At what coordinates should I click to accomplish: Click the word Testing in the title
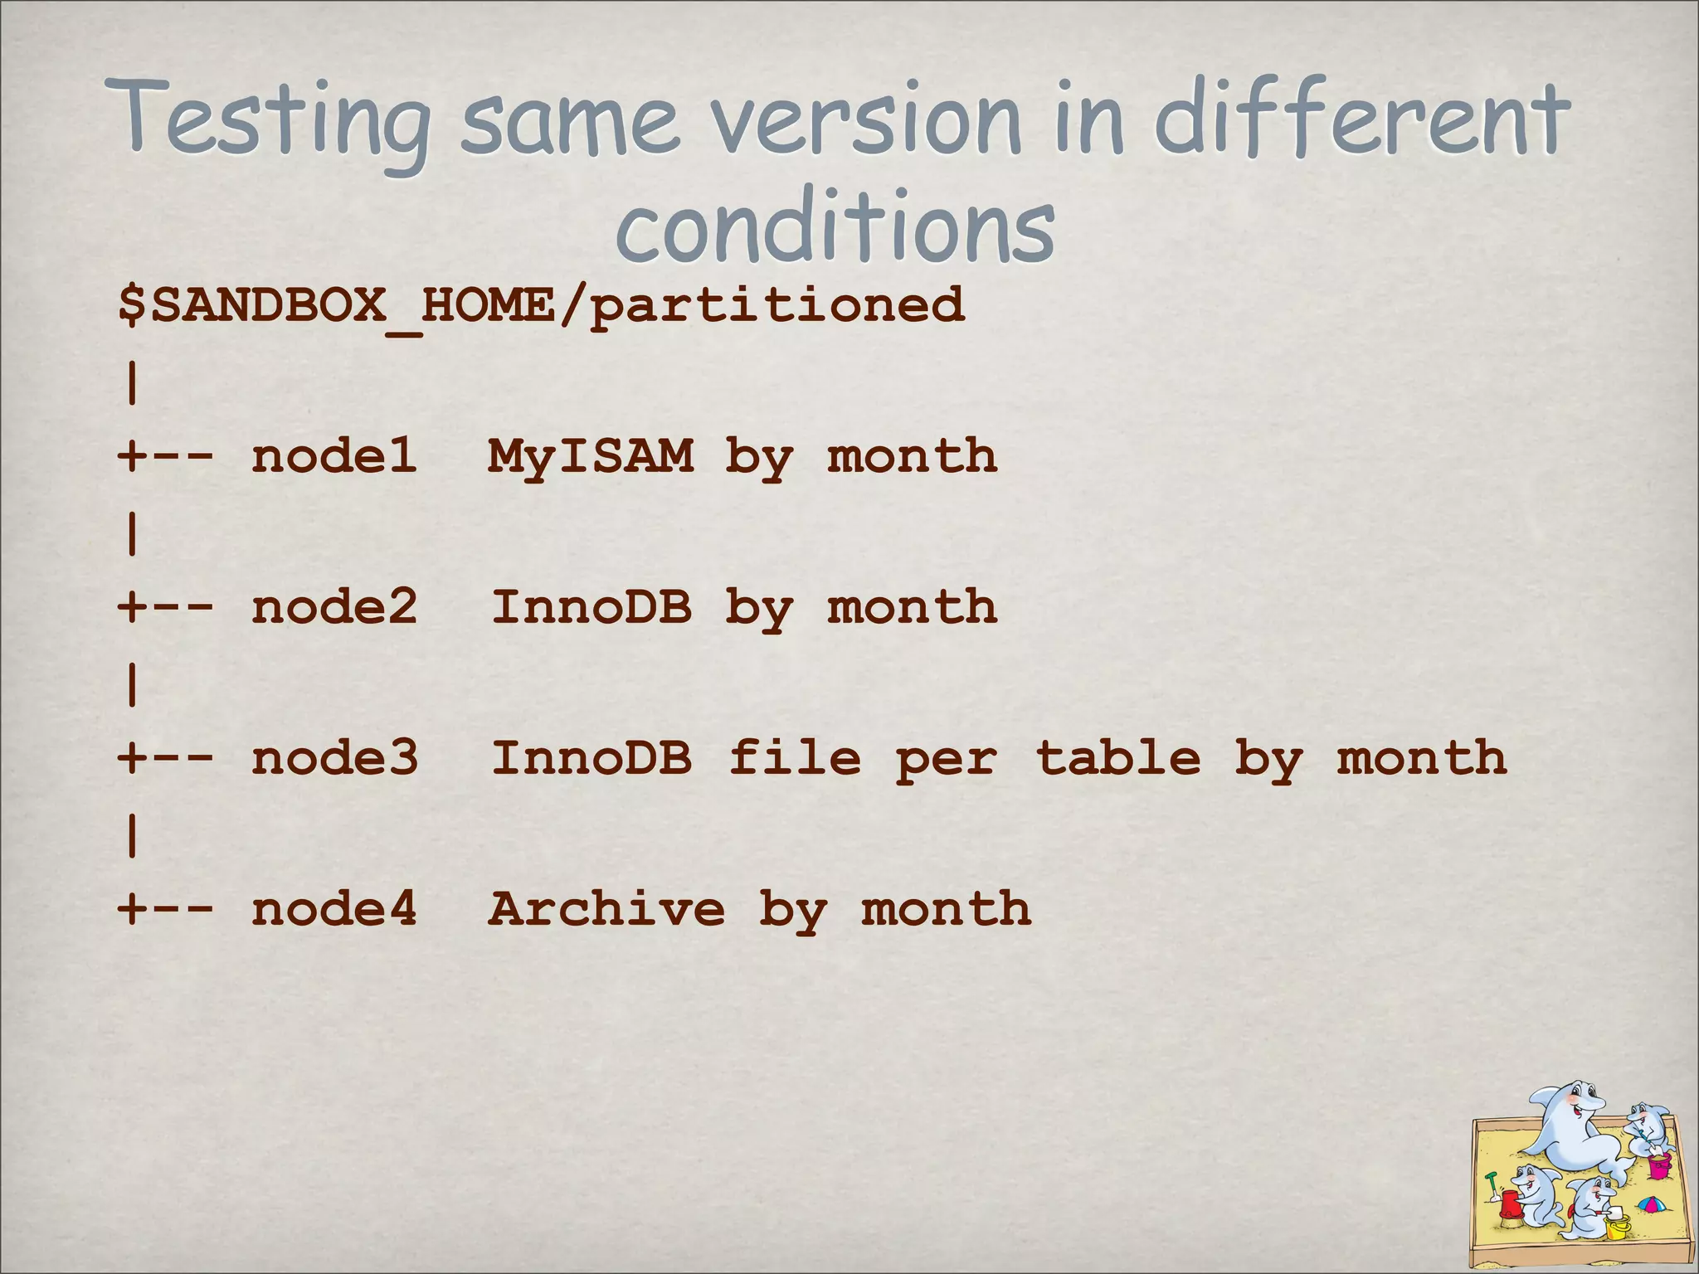(x=274, y=120)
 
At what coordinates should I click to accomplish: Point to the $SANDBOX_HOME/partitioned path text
(x=541, y=304)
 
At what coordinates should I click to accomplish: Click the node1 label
(x=333, y=456)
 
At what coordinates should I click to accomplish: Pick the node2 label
(x=333, y=607)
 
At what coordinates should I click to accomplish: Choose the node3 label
(x=334, y=758)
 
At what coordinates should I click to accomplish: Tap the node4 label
(x=333, y=909)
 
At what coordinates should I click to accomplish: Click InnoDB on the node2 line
(x=591, y=607)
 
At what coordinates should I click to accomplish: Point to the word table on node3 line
(x=1118, y=758)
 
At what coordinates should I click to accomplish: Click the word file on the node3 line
(x=795, y=758)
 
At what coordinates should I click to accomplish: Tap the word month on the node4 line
(x=947, y=909)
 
